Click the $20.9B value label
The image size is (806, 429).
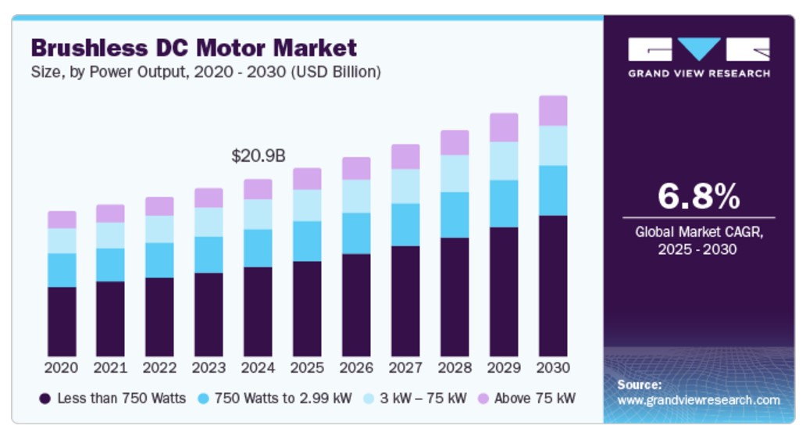click(258, 156)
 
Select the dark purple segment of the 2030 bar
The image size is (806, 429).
click(553, 286)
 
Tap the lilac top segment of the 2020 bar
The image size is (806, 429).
click(62, 220)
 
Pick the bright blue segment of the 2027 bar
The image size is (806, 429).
click(405, 225)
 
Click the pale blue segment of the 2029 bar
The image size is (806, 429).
click(504, 161)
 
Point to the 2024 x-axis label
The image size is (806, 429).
click(258, 367)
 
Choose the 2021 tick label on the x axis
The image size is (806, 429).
click(110, 367)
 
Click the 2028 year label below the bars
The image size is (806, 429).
click(455, 367)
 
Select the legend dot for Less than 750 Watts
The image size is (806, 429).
click(45, 399)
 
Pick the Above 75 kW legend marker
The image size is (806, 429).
click(484, 399)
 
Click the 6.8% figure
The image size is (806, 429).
click(698, 196)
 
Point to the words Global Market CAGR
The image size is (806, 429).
click(698, 232)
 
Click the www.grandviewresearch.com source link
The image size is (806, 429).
click(698, 400)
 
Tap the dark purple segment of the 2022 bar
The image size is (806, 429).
click(159, 317)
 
